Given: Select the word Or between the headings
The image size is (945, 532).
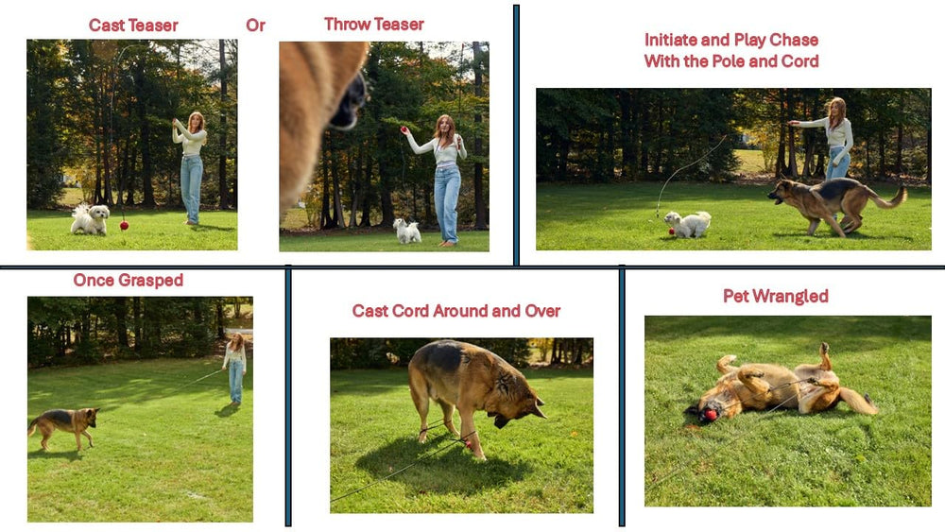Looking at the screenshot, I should (255, 26).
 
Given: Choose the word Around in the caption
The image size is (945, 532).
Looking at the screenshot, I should (469, 311).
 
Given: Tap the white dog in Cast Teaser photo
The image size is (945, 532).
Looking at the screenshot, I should (90, 219).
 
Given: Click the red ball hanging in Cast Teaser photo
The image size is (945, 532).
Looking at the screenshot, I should (124, 225).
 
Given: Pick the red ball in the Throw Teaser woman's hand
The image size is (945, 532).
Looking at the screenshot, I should (404, 129).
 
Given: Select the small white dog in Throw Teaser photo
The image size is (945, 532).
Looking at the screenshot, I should (407, 230).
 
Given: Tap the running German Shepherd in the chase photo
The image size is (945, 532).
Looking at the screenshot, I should (832, 202).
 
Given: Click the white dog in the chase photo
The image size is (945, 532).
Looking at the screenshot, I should (687, 224).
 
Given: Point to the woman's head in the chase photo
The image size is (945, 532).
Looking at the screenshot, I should (836, 107).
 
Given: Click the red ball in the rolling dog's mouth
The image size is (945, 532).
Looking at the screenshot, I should (708, 414).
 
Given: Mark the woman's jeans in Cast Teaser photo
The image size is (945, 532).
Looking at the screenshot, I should (192, 187).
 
